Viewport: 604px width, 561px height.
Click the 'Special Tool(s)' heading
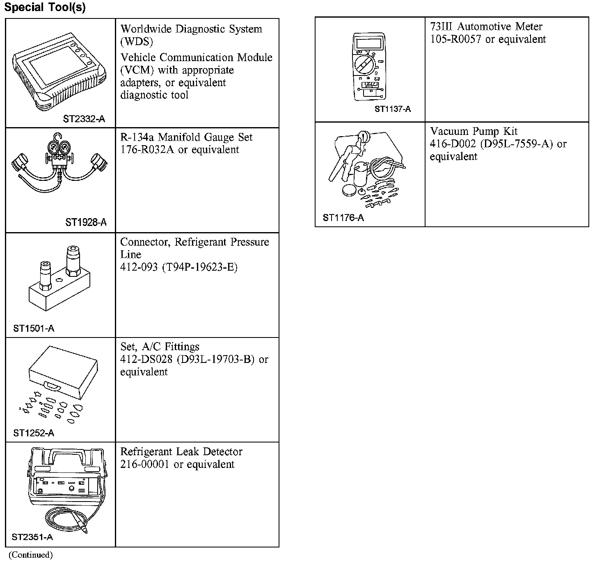click(45, 8)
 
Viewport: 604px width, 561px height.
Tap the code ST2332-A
click(84, 119)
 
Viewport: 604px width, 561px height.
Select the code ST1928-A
click(86, 222)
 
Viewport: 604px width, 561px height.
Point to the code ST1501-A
click(34, 328)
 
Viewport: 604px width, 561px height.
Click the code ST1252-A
click(34, 433)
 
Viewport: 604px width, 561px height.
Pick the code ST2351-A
click(32, 537)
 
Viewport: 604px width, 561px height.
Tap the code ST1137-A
click(392, 109)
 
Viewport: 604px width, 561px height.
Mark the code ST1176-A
click(343, 218)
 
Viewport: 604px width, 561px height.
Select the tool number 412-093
click(139, 267)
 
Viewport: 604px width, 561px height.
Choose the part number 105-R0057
click(455, 39)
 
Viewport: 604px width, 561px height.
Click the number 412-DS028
click(146, 360)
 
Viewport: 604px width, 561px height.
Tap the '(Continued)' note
click(31, 555)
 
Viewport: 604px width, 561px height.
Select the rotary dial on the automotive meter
click(363, 65)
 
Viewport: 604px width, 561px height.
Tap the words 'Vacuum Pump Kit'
click(474, 131)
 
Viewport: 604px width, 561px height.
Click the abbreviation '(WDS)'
click(137, 42)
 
